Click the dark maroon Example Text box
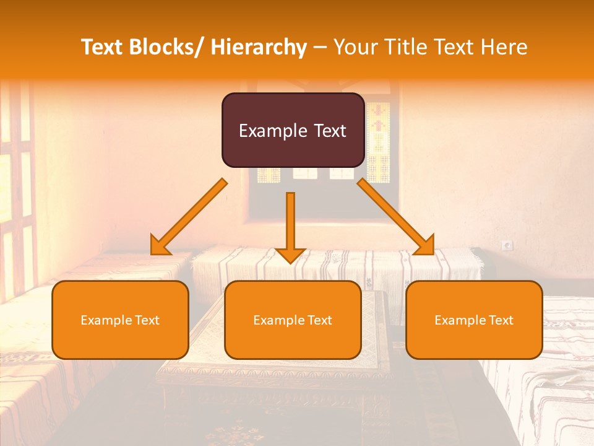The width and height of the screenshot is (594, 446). [293, 130]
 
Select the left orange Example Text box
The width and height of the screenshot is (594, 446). [120, 320]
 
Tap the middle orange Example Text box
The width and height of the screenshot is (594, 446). [293, 320]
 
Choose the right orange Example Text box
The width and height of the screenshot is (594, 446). [474, 320]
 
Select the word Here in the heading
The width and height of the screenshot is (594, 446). [504, 47]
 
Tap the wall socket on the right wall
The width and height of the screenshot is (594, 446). [507, 246]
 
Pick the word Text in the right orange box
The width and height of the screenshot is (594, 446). [501, 320]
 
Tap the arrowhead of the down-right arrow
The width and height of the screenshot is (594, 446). [425, 246]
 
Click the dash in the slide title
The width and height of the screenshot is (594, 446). [320, 47]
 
